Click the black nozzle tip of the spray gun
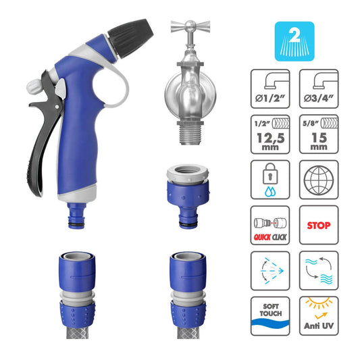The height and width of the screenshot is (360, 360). [130, 38]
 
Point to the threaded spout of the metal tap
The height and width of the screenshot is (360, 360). [190, 133]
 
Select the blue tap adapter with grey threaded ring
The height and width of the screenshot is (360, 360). [188, 197]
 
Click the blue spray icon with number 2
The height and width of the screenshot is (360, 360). [294, 41]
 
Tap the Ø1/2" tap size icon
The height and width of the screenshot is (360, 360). [270, 88]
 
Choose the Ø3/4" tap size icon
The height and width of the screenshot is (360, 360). [319, 88]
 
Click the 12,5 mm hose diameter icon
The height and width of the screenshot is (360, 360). [270, 134]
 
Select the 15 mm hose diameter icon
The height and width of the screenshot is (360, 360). [319, 134]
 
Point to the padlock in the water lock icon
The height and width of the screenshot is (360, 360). [270, 174]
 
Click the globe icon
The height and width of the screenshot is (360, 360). [319, 180]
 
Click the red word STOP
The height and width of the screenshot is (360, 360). [319, 226]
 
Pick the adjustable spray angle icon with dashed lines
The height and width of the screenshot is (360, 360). [270, 271]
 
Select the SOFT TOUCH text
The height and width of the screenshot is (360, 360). [271, 310]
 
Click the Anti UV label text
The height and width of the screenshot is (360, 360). [319, 326]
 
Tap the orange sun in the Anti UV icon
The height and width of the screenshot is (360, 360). [319, 303]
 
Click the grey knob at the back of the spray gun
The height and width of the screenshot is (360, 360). [34, 86]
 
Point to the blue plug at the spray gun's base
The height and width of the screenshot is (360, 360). [77, 215]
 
